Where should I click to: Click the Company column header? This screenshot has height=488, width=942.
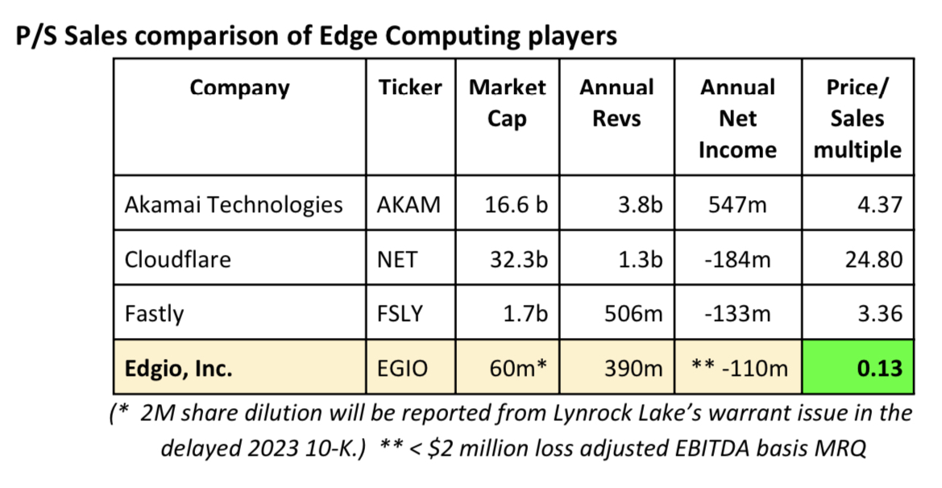click(239, 88)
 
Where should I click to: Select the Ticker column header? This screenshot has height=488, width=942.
click(410, 87)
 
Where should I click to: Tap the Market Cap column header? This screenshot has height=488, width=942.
click(507, 103)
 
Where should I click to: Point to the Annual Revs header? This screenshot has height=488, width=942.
click(616, 103)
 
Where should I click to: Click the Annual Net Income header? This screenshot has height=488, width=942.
click(738, 119)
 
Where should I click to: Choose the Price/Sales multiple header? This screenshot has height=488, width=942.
click(857, 119)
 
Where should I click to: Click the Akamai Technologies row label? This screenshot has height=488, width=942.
click(234, 205)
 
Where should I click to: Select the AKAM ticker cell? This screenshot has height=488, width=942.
click(409, 205)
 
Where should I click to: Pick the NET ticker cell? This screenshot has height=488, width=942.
click(397, 260)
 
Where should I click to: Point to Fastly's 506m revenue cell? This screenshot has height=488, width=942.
click(633, 314)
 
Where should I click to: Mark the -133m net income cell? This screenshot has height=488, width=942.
click(738, 314)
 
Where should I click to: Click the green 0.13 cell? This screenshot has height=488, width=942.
click(858, 367)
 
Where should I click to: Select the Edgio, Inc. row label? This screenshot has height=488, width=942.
click(178, 369)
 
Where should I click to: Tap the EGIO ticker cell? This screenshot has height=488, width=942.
click(403, 369)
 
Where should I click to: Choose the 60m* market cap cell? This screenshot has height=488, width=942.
click(518, 368)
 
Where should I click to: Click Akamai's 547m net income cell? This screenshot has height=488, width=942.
click(737, 205)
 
